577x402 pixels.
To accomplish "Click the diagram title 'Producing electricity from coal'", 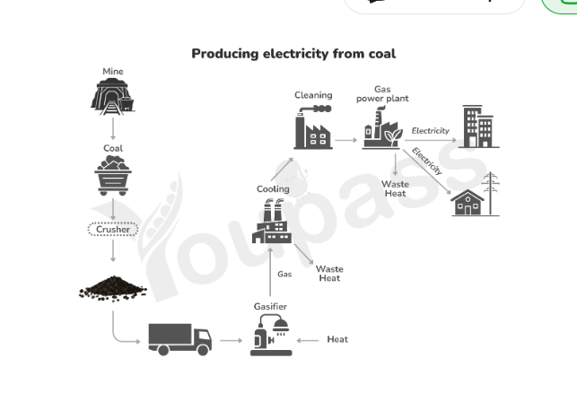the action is click(293, 54).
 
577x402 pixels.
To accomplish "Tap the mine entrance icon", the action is click(112, 96).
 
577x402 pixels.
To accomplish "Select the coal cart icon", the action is click(113, 175).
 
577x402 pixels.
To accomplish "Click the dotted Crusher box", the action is click(113, 229).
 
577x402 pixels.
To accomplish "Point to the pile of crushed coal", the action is click(113, 288).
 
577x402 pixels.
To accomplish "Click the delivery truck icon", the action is click(180, 339).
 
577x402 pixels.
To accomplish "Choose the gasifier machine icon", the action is click(271, 335).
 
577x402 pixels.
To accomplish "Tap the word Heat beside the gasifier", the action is click(337, 339).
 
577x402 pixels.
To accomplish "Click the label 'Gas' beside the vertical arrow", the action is click(284, 275).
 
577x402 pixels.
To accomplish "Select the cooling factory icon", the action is click(272, 221).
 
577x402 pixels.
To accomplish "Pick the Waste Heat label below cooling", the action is click(329, 274).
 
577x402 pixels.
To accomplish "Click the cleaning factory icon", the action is click(313, 127).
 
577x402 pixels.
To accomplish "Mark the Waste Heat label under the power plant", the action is click(395, 188).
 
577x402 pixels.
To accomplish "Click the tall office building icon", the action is click(479, 127).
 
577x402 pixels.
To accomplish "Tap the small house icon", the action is click(468, 203).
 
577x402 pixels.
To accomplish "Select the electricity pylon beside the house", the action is click(491, 193).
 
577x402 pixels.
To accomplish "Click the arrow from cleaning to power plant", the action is click(345, 140).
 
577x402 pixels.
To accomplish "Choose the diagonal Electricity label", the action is click(427, 162).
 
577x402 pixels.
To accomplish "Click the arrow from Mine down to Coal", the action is click(113, 129).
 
